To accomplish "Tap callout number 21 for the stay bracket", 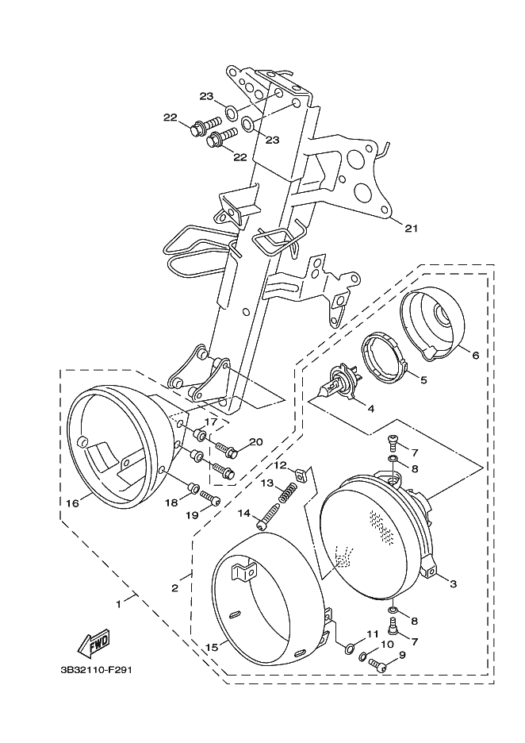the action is click(412, 229).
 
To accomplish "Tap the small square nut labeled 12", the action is click(300, 475).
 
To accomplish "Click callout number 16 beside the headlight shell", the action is click(73, 502).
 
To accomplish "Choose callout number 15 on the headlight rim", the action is click(213, 647).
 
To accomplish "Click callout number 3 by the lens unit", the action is click(453, 583).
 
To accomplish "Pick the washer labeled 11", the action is click(350, 648).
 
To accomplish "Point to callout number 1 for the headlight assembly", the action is click(118, 603).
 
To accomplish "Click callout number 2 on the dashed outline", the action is click(174, 588).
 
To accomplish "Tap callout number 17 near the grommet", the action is click(211, 422).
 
